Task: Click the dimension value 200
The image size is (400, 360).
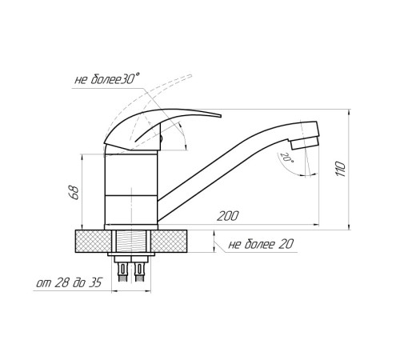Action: (227, 216)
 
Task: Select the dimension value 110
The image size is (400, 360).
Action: (341, 169)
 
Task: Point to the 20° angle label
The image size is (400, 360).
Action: (286, 158)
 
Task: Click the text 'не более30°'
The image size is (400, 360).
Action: (107, 79)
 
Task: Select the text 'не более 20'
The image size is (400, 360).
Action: (261, 244)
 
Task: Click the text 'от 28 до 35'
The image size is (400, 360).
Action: (69, 283)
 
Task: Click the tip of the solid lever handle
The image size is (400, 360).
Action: (221, 116)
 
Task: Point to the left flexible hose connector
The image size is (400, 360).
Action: (123, 272)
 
